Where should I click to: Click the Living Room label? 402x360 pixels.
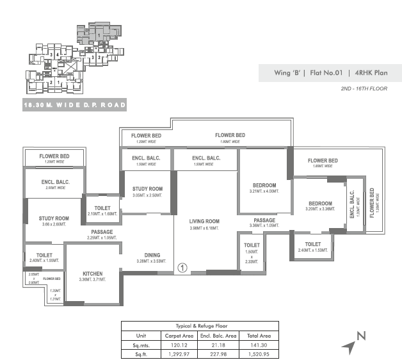point(204,222)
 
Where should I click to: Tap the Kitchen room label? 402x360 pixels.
point(92,274)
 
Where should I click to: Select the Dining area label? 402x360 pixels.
point(152,255)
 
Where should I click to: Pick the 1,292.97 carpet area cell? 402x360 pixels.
point(180,353)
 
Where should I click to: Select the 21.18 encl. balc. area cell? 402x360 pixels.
point(219,344)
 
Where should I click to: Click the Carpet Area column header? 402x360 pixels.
point(180,335)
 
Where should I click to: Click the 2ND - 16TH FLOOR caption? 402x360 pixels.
point(364,88)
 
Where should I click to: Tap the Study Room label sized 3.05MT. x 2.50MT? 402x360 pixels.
point(147,189)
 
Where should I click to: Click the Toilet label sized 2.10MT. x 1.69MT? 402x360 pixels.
point(102,208)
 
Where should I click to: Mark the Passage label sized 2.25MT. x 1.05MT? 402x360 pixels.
point(102,232)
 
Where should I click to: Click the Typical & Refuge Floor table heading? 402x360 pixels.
point(200,326)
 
